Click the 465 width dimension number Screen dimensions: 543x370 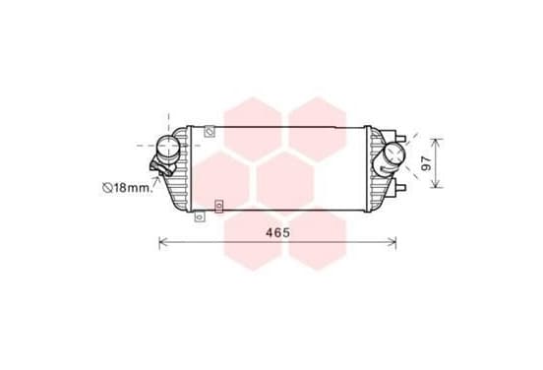(x=277, y=232)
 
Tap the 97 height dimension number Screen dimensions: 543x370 (x=427, y=163)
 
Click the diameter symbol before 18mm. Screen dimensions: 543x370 (x=107, y=188)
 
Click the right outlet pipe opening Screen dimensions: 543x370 (x=394, y=153)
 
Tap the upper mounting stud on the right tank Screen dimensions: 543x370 (x=400, y=138)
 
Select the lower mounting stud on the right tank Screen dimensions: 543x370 (x=400, y=187)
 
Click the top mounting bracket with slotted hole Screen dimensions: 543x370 (x=210, y=132)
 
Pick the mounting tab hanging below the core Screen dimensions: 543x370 (x=199, y=216)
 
